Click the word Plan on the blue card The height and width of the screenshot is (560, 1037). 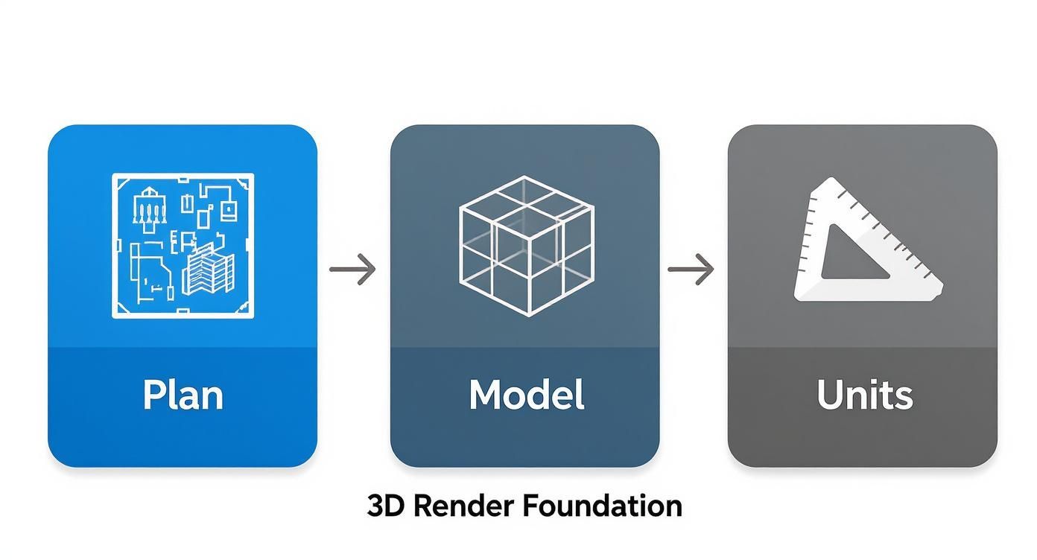pyautogui.click(x=183, y=395)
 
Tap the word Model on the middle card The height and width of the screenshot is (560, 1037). pyautogui.click(x=526, y=395)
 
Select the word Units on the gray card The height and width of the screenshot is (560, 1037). pyautogui.click(x=864, y=395)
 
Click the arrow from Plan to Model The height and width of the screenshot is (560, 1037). pyautogui.click(x=353, y=269)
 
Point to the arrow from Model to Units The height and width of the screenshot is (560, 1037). pyautogui.click(x=691, y=269)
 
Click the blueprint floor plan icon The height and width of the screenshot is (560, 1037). pyautogui.click(x=183, y=246)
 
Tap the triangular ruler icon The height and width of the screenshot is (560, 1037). pyautogui.click(x=864, y=242)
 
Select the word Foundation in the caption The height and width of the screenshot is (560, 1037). pyautogui.click(x=601, y=506)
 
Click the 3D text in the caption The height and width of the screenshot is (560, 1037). pyautogui.click(x=386, y=506)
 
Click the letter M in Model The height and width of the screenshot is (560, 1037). pyautogui.click(x=485, y=395)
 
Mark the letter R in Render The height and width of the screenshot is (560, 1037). pyautogui.click(x=422, y=506)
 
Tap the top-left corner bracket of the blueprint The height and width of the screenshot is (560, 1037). pyautogui.click(x=118, y=180)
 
